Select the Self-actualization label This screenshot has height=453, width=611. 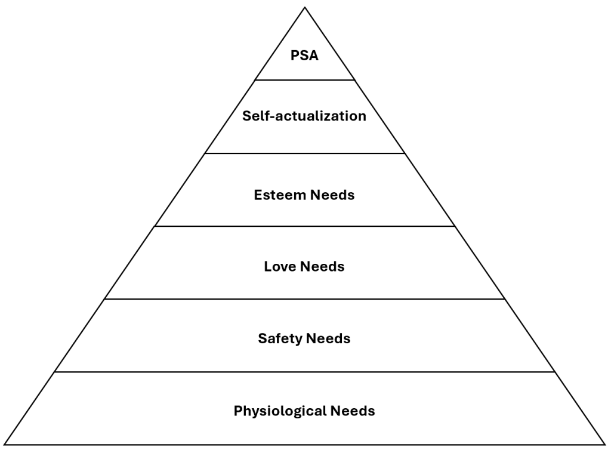pyautogui.click(x=304, y=116)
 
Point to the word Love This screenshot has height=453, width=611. pyautogui.click(x=279, y=266)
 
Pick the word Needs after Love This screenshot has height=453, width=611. pyautogui.click(x=322, y=266)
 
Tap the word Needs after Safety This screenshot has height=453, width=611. pyautogui.click(x=328, y=339)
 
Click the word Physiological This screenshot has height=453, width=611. pyautogui.click(x=272, y=411)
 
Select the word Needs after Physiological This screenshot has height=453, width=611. pyautogui.click(x=353, y=411)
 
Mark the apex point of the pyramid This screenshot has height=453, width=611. pyautogui.click(x=305, y=7)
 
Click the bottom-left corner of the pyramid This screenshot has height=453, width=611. pyautogui.click(x=5, y=444)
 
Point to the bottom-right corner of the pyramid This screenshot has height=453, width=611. pyautogui.click(x=605, y=444)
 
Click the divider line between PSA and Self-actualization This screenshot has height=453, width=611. pyautogui.click(x=305, y=80)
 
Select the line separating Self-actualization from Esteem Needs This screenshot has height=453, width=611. pyautogui.click(x=305, y=153)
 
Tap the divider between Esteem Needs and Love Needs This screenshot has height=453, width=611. pyautogui.click(x=305, y=226)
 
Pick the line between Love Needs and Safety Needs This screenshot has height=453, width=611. pyautogui.click(x=305, y=299)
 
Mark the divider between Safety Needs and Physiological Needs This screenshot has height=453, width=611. pyautogui.click(x=305, y=372)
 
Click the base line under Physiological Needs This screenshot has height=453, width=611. pyautogui.click(x=305, y=444)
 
